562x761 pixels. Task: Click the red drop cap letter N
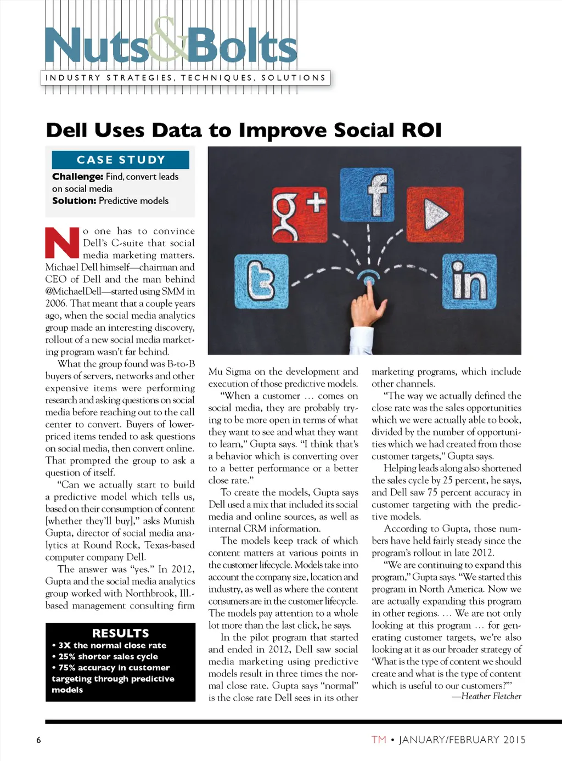click(63, 243)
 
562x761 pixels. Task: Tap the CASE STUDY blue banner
click(120, 160)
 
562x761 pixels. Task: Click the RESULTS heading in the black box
click(120, 633)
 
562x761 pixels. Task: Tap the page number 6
click(38, 740)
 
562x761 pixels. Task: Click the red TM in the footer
click(379, 740)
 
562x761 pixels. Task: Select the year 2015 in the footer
click(514, 740)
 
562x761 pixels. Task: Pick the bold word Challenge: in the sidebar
click(77, 177)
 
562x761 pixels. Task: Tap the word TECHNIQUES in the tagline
click(217, 78)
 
